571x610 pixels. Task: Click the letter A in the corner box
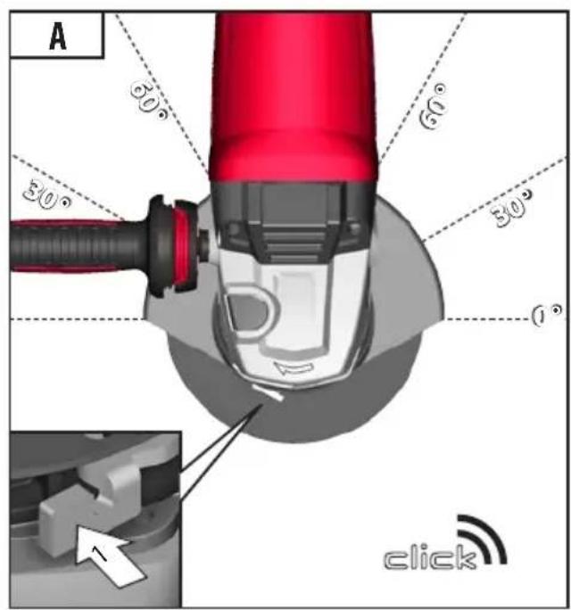(x=58, y=37)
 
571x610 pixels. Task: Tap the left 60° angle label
(x=149, y=101)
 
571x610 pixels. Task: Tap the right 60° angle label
(x=433, y=106)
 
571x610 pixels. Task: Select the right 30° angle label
(x=512, y=208)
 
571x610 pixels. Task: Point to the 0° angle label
(x=547, y=315)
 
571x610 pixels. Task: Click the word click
(x=430, y=556)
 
